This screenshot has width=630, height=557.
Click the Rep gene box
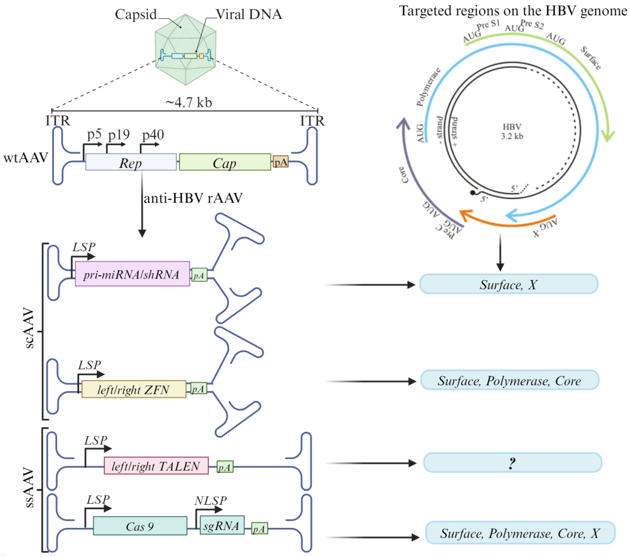pos(131,162)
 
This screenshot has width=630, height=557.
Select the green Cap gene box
pos(225,162)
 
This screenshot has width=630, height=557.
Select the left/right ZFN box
pos(134,389)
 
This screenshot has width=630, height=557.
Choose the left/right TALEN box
pos(156,465)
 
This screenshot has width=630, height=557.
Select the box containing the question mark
pos(512,463)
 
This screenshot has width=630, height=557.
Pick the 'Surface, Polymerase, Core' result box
pos(510,380)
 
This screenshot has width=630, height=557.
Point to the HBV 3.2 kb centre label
pos(512,131)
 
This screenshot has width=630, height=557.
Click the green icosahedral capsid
pos(185,49)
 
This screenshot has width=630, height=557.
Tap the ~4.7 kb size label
pos(189,102)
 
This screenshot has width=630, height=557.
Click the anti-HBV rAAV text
pos(193,198)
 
